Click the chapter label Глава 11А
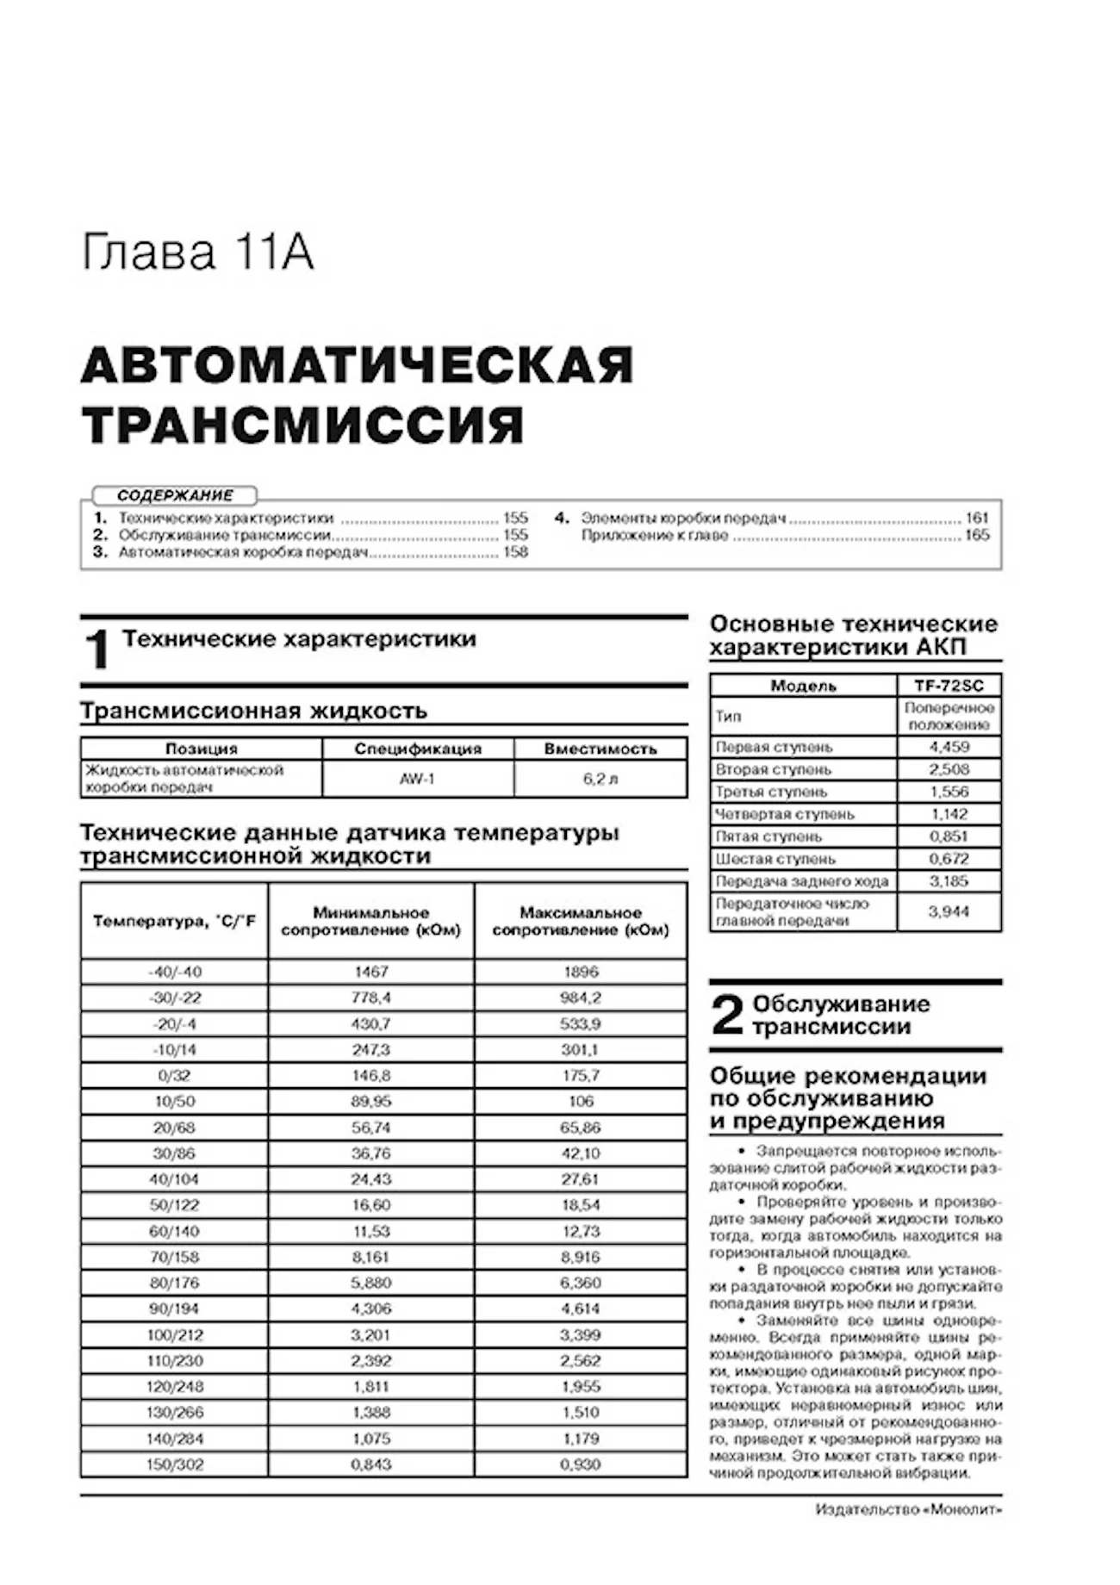(x=197, y=253)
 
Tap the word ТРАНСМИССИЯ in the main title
(x=302, y=424)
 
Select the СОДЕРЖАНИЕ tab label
(x=175, y=495)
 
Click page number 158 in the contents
(x=515, y=552)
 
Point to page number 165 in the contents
(x=977, y=535)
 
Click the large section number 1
(x=97, y=650)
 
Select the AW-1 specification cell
(x=417, y=779)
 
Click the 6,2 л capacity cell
(x=600, y=779)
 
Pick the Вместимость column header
(x=600, y=749)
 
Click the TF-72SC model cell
(x=949, y=686)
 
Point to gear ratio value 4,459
(x=949, y=747)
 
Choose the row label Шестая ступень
(x=775, y=859)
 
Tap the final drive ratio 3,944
(x=949, y=911)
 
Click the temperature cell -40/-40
(x=175, y=972)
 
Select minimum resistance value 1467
(x=371, y=972)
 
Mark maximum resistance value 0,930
(x=581, y=1464)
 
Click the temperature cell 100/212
(x=175, y=1335)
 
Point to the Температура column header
(x=175, y=921)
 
